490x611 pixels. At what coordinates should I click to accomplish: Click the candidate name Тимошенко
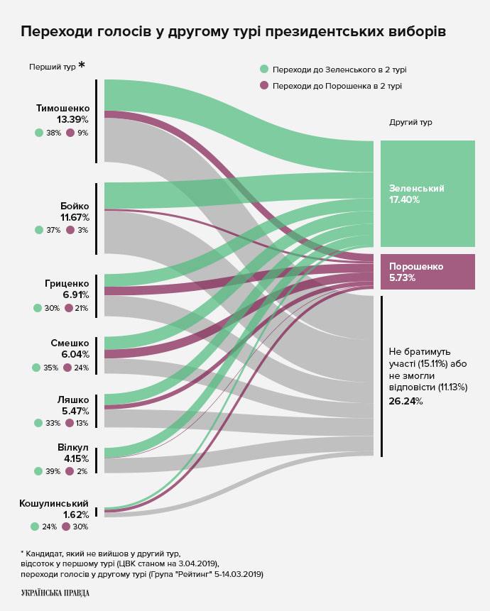62,108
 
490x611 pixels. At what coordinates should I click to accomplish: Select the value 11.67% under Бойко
75,217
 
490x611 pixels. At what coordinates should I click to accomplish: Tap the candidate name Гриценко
67,282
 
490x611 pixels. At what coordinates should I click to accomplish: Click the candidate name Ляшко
73,400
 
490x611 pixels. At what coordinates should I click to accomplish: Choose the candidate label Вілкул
73,448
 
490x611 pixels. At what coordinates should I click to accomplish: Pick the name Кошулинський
54,503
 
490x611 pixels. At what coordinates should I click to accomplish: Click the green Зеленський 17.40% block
427,193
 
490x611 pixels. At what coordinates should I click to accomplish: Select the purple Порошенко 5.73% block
427,271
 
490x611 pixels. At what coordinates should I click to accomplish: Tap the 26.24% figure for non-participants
405,401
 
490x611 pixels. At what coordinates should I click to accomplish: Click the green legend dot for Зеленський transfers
264,70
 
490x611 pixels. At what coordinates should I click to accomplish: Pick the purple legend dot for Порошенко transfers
264,86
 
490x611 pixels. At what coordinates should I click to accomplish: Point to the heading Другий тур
410,122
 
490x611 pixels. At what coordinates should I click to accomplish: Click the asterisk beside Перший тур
82,66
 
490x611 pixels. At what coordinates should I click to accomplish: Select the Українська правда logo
55,593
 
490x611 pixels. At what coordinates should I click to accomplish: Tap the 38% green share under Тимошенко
53,133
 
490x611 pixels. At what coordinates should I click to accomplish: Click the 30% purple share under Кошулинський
80,527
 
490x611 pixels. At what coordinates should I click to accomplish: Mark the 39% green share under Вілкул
53,471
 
